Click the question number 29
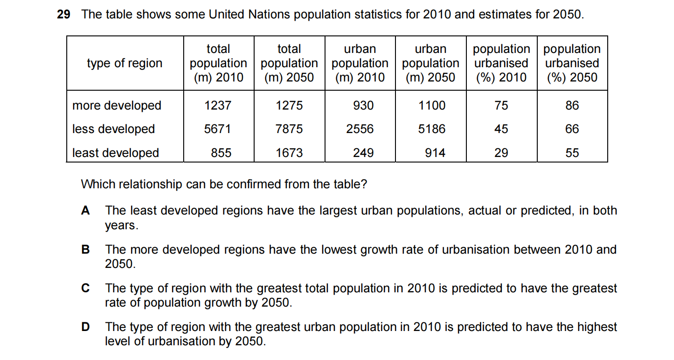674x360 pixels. (x=64, y=14)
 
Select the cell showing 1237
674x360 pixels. (x=218, y=105)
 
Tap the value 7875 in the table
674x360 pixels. (x=289, y=129)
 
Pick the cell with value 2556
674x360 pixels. (x=360, y=129)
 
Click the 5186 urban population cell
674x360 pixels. (x=431, y=129)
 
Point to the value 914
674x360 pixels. (x=435, y=153)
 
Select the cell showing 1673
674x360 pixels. (x=289, y=153)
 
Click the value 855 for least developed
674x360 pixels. (x=221, y=153)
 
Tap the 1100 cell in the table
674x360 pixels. (x=431, y=105)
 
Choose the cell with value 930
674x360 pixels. (x=363, y=105)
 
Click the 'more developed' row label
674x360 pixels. (x=116, y=105)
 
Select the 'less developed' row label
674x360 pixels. (x=113, y=129)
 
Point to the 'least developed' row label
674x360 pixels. (x=116, y=153)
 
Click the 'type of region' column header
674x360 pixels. (x=125, y=63)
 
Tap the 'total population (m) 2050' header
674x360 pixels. (x=289, y=63)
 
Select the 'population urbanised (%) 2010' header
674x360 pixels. (x=501, y=63)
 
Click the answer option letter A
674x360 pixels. (x=85, y=211)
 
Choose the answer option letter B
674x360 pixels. (x=85, y=250)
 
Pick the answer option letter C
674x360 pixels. (x=85, y=288)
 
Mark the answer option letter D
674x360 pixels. (x=85, y=327)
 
